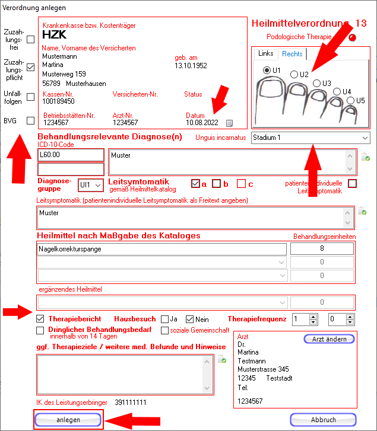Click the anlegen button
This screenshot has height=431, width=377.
[x=69, y=419]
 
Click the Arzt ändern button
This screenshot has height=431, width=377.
[x=329, y=339]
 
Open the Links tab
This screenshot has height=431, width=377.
[x=266, y=54]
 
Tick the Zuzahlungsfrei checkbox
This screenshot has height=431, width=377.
[x=31, y=40]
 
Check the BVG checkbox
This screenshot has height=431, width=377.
[x=31, y=121]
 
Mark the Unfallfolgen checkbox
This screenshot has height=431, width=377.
[x=31, y=97]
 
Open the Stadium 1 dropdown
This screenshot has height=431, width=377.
[x=310, y=138]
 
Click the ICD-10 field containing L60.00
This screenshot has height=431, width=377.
[x=70, y=155]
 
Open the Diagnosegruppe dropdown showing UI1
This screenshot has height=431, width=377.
[x=91, y=185]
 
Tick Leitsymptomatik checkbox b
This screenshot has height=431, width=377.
[x=217, y=184]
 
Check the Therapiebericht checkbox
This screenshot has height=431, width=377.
[x=40, y=319]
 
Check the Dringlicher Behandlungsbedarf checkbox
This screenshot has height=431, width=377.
[x=40, y=330]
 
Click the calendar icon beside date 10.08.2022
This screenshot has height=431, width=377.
[x=230, y=123]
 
